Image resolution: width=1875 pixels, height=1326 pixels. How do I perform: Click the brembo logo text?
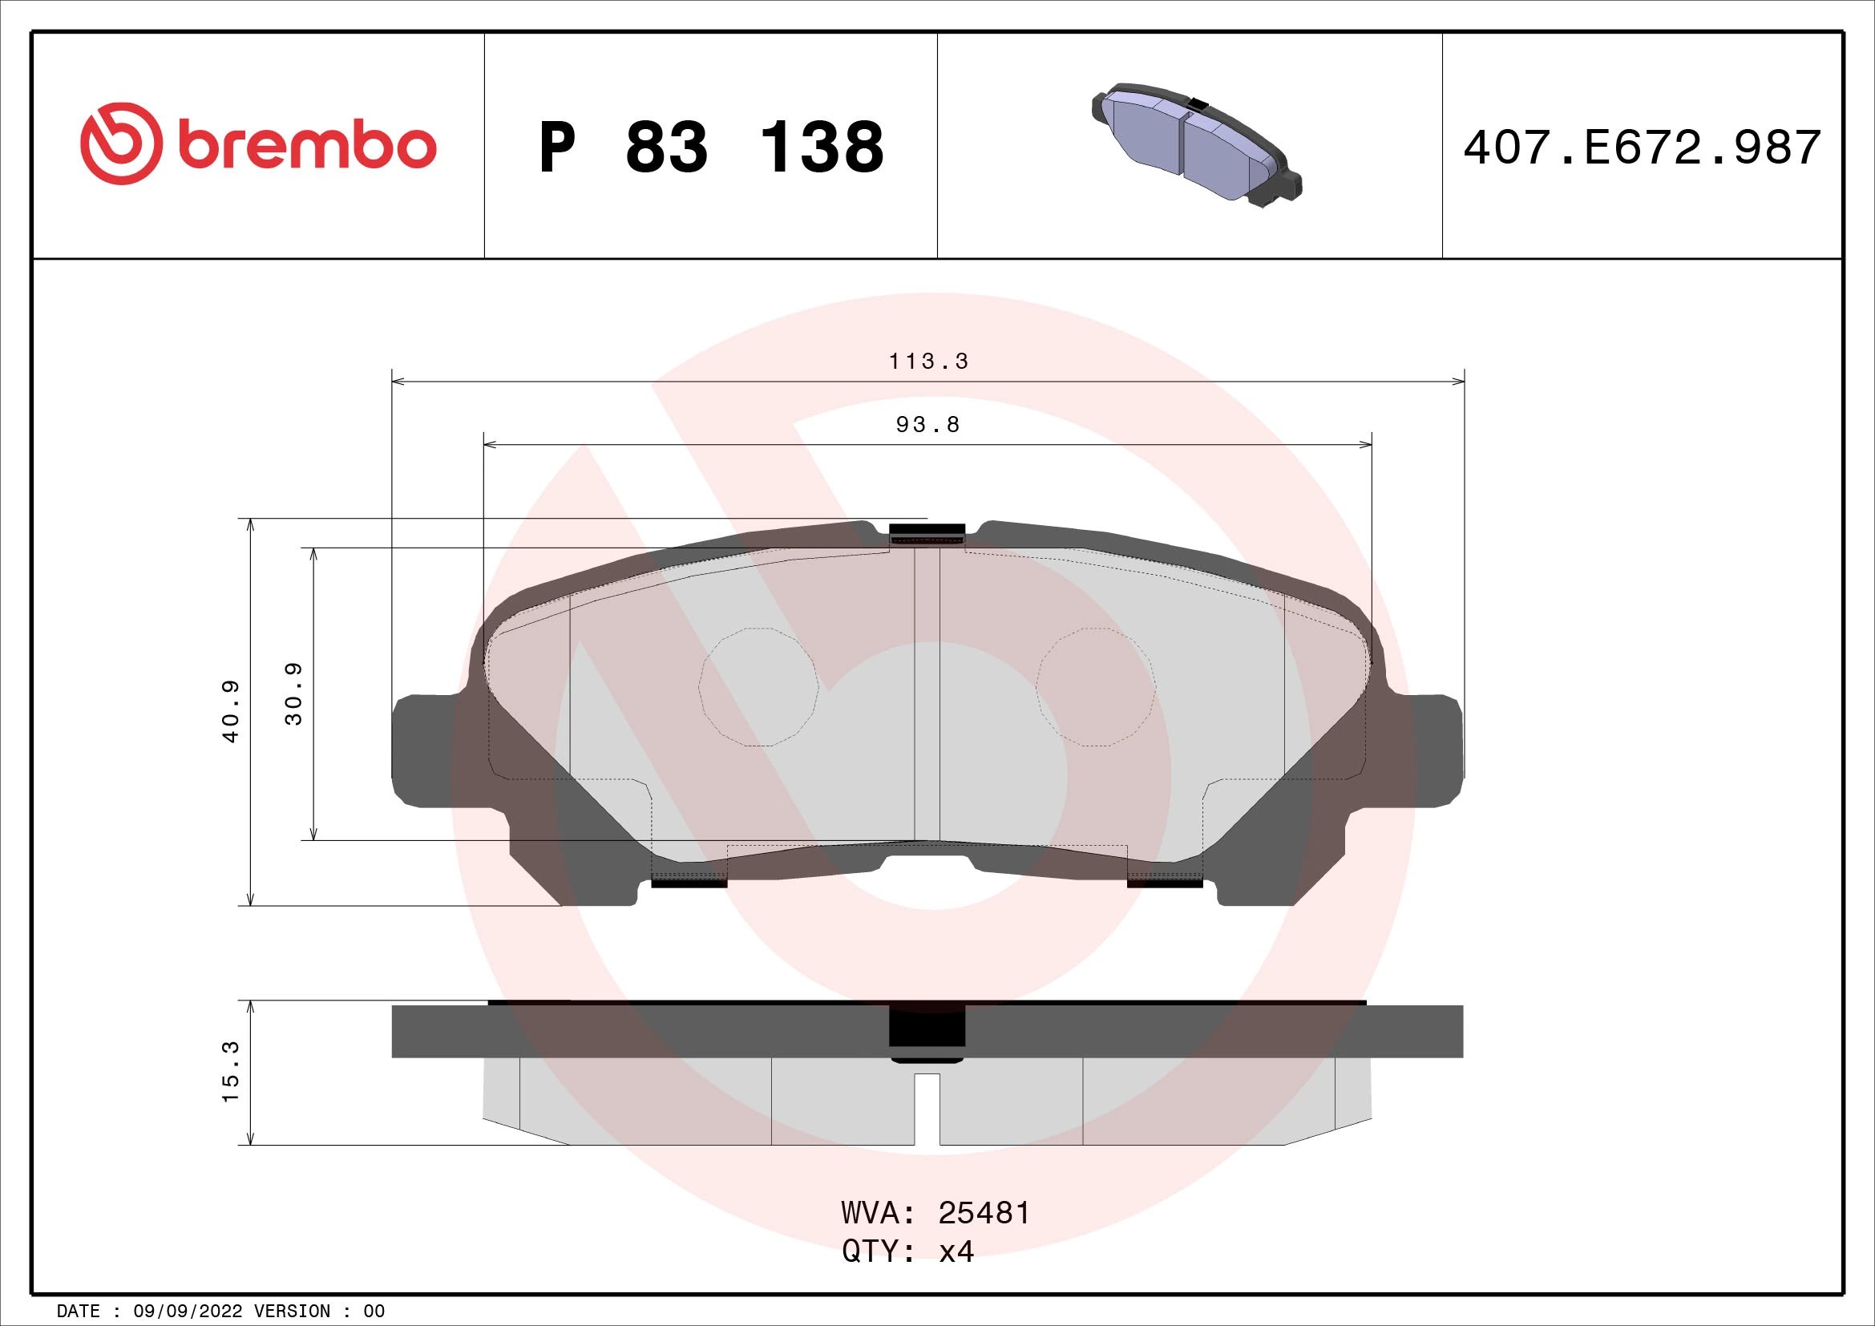click(x=306, y=146)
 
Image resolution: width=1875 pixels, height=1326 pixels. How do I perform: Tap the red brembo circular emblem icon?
click(x=117, y=144)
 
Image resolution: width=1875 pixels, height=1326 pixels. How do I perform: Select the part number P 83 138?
click(x=710, y=148)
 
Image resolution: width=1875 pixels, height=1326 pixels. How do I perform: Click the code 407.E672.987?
click(x=1642, y=148)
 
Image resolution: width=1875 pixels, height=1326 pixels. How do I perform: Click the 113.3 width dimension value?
click(x=927, y=361)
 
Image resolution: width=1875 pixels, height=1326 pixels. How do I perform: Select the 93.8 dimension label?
click(x=927, y=425)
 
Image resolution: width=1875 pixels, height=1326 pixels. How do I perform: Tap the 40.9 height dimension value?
click(x=231, y=710)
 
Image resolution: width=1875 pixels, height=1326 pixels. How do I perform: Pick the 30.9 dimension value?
click(x=293, y=693)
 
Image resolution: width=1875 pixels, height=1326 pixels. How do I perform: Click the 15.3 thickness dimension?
click(x=231, y=1071)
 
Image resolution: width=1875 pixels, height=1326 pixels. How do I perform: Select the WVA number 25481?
click(x=984, y=1213)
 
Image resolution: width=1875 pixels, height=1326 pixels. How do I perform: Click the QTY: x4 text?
click(x=907, y=1251)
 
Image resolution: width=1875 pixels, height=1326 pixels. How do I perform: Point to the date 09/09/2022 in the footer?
click(x=187, y=1312)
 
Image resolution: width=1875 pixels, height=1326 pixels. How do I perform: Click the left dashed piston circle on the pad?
click(x=758, y=687)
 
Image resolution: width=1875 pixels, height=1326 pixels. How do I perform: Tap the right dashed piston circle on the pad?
click(x=1096, y=687)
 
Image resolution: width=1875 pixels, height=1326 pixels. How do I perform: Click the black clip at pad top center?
click(x=927, y=532)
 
